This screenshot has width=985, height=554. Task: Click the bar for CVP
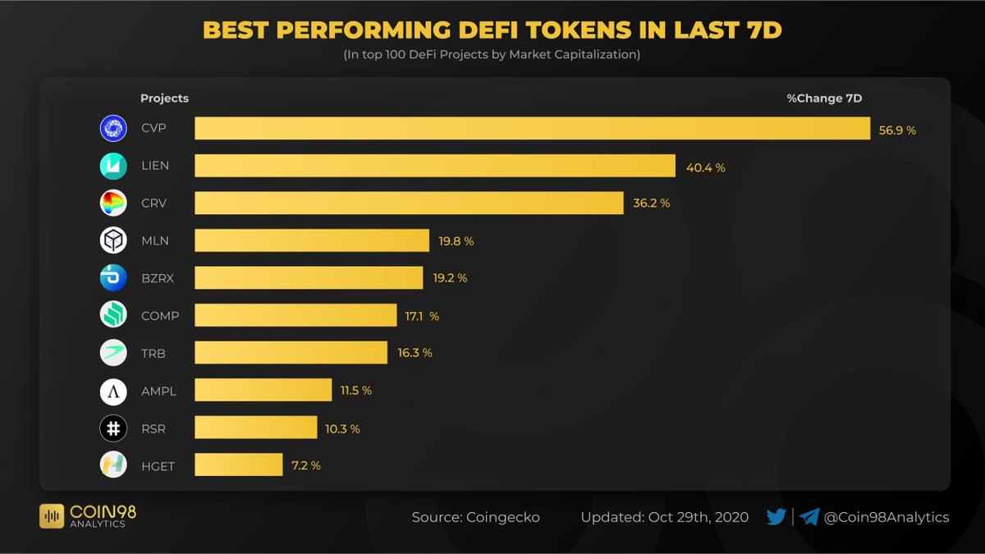[532, 129]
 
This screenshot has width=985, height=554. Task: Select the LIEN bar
[435, 166]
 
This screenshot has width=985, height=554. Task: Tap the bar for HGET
[239, 465]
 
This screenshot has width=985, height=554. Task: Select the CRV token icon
[113, 203]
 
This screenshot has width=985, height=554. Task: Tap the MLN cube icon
[113, 240]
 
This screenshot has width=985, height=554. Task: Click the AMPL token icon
[113, 391]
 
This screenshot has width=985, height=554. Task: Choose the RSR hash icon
[113, 428]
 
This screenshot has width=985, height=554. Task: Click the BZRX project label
[158, 278]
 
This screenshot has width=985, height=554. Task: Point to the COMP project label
[159, 316]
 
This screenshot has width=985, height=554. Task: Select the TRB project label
[153, 353]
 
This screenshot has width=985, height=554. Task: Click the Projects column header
[164, 98]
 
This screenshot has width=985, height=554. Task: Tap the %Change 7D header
[824, 98]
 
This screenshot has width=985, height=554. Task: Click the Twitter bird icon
[776, 517]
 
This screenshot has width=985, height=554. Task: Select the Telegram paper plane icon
[809, 517]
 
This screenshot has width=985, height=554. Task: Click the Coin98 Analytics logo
[88, 515]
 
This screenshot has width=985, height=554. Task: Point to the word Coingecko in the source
[504, 518]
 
